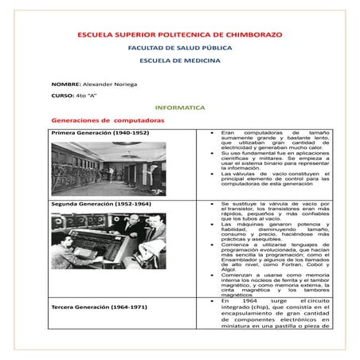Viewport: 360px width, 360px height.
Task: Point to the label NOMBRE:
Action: pos(65,84)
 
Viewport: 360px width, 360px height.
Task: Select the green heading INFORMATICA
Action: pos(180,107)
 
